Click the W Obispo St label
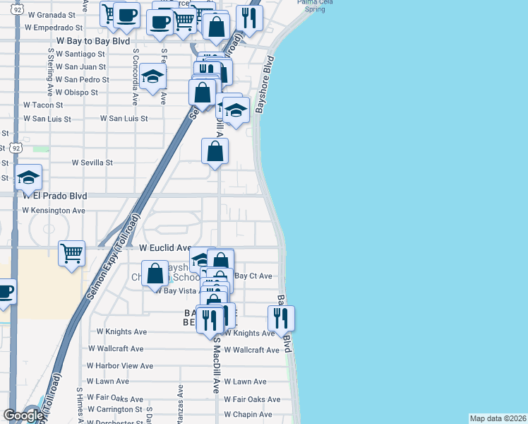coord(78,93)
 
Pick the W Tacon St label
coord(43,105)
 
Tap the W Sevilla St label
coord(92,163)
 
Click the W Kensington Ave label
coord(54,211)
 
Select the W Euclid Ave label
coord(165,249)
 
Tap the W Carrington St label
coord(114,410)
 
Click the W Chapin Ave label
coord(248,415)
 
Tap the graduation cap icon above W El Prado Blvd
coord(28,177)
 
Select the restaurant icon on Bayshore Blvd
coord(281,317)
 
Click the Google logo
coord(23,416)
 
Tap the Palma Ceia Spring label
coord(311,6)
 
